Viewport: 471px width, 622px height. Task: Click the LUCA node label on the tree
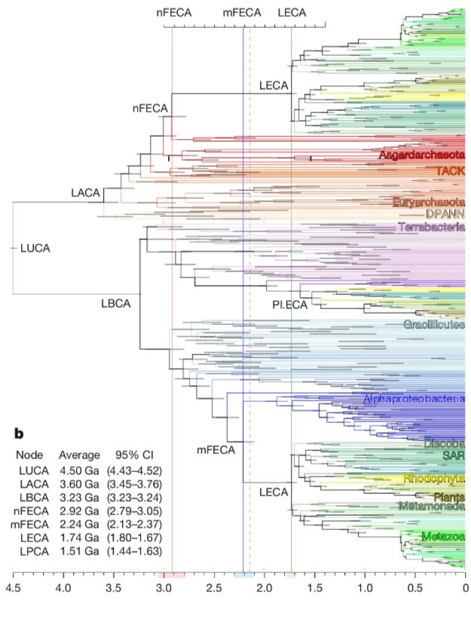[x=34, y=247]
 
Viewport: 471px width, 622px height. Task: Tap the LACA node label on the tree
[x=85, y=193]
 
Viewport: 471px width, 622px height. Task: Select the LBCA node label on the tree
[x=116, y=304]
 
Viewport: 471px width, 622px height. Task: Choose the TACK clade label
[x=450, y=171]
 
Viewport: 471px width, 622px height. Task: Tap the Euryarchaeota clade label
[x=427, y=202]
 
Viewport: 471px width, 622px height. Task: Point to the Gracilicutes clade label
[x=433, y=325]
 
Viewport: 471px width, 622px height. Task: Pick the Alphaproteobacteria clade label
[x=413, y=399]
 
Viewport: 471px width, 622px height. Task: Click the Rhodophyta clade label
[x=434, y=478]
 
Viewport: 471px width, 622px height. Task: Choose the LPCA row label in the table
[x=30, y=550]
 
